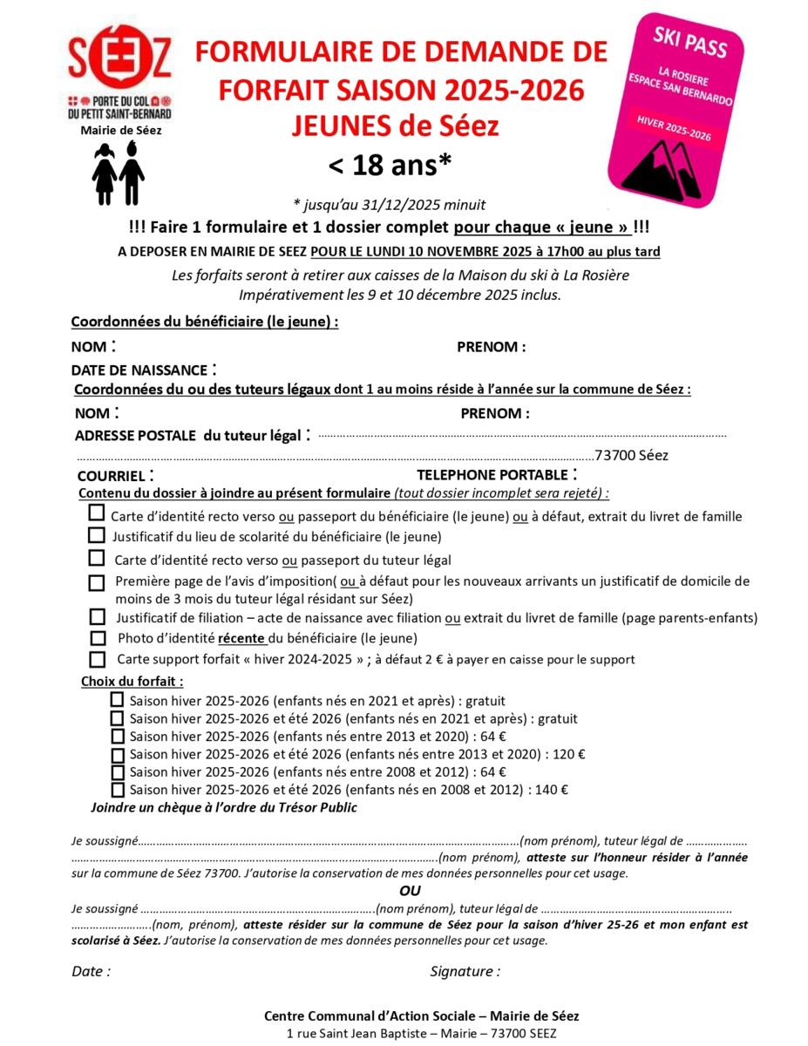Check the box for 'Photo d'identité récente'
(x=98, y=638)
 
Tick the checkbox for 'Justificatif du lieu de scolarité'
(x=97, y=535)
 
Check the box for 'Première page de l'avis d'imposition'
(x=97, y=581)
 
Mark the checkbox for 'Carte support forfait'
(x=98, y=659)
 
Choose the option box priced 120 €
(x=117, y=754)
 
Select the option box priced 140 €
(x=117, y=790)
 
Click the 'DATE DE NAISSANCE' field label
(x=139, y=370)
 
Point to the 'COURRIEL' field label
(x=111, y=476)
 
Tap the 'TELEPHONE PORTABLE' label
(x=492, y=475)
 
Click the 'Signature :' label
(x=465, y=971)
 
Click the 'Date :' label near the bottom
(x=91, y=971)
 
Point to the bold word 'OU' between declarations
(x=409, y=891)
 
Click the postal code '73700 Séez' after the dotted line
(x=631, y=455)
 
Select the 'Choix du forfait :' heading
(x=132, y=681)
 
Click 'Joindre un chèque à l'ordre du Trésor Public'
(x=224, y=807)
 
